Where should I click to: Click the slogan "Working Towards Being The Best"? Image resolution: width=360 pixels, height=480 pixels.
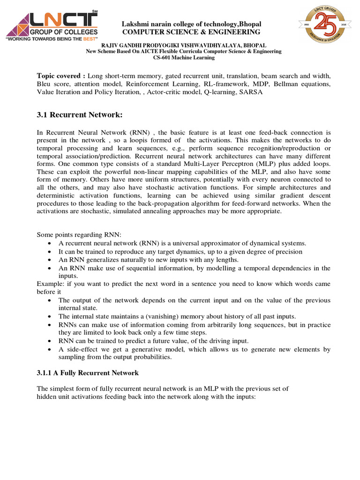click(51, 40)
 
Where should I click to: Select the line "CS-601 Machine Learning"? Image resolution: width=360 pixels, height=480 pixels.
click(184, 57)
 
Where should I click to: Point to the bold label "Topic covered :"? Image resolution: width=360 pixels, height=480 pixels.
click(61, 76)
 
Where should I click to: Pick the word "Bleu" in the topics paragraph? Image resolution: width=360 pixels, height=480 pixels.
click(45, 84)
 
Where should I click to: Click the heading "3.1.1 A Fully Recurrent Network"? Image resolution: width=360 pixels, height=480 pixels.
click(88, 373)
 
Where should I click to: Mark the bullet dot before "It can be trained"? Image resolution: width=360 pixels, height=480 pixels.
click(50, 252)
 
